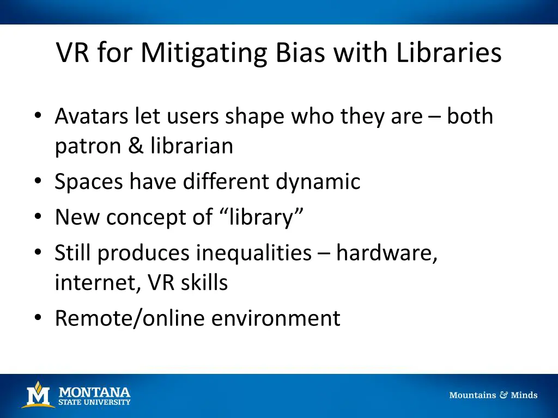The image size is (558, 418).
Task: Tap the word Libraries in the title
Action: (448, 53)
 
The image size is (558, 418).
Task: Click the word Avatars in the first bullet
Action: (92, 116)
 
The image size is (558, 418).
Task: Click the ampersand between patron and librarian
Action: (136, 146)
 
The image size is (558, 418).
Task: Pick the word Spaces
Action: (89, 182)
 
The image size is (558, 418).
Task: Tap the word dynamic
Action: (318, 182)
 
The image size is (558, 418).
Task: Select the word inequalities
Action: (254, 253)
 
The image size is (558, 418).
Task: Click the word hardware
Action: (386, 253)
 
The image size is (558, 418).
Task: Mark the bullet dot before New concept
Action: (37, 217)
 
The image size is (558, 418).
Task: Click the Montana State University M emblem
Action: (38, 395)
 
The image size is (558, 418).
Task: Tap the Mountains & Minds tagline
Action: (493, 395)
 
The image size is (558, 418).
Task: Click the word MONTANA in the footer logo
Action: (94, 392)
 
